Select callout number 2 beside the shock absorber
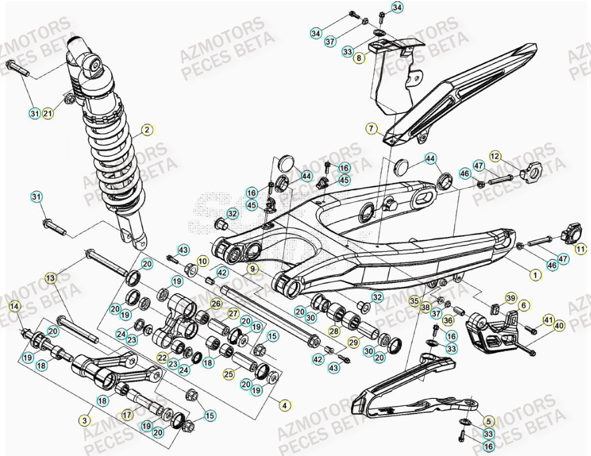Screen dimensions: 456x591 [147, 130]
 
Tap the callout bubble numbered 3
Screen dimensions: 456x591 [85, 420]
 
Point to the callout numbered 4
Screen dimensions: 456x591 [285, 404]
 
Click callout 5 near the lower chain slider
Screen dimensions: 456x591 [488, 420]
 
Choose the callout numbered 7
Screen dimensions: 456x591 [371, 128]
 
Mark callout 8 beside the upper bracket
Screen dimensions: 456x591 [359, 59]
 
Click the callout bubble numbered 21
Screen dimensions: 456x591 [48, 114]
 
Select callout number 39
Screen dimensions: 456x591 [510, 297]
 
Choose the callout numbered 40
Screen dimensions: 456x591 [559, 326]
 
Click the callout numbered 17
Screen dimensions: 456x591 [125, 414]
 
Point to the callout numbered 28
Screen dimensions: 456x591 [333, 330]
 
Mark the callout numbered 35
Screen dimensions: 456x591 [414, 300]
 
